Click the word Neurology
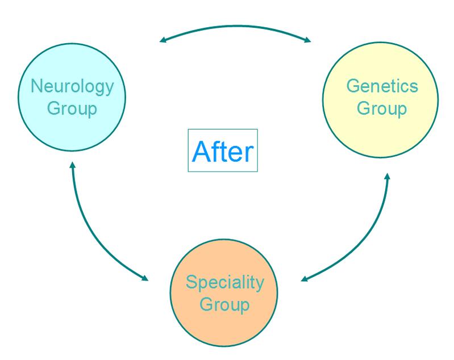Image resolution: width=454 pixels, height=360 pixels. (72, 87)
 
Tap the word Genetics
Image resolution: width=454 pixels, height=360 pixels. (382, 86)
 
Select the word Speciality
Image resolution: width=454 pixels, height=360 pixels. (224, 283)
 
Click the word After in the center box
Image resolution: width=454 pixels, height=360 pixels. (223, 151)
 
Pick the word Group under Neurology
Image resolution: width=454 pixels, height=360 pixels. (72, 110)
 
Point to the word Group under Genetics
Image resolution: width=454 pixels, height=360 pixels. (382, 109)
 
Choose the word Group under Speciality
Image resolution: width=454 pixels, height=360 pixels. (224, 305)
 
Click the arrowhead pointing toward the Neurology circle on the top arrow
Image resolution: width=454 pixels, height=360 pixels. (163, 40)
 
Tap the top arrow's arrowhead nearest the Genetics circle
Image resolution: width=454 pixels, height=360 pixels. (307, 40)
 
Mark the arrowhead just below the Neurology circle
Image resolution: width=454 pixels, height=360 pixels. (72, 165)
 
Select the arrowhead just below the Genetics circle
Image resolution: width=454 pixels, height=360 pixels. (388, 176)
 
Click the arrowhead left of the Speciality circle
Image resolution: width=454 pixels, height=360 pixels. (145, 278)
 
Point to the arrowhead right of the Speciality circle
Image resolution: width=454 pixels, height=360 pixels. (305, 279)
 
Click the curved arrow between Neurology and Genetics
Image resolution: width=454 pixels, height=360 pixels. (235, 26)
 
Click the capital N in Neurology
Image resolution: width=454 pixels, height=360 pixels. (37, 86)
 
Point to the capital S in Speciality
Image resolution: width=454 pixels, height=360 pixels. (191, 282)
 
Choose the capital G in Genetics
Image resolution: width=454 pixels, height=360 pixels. (353, 86)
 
